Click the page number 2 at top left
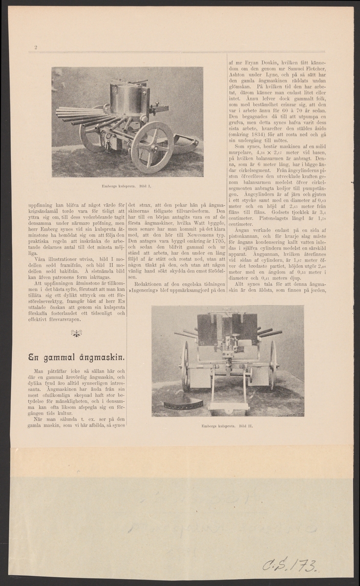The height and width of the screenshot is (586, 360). coord(36,47)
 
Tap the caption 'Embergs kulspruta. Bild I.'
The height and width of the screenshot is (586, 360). coord(127,186)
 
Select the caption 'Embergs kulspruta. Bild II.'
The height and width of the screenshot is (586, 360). coord(227,425)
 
